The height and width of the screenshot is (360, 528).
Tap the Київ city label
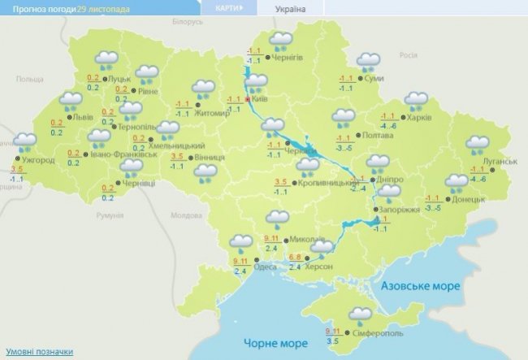260,99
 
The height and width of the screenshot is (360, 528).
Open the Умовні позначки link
38,352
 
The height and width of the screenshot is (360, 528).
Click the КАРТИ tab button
227,8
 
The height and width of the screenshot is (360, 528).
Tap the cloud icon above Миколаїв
279,218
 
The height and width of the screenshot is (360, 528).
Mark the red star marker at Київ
248,100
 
